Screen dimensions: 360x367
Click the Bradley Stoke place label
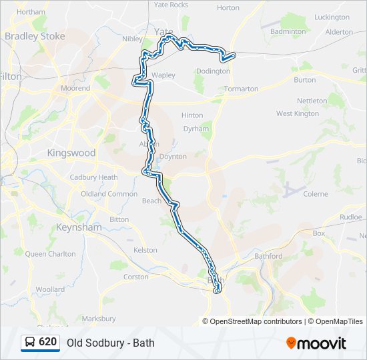coord(35,36)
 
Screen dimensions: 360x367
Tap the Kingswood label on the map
coord(71,153)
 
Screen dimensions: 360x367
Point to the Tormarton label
coord(242,89)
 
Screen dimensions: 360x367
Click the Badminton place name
coord(288,31)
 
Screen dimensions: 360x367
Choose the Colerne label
coord(316,194)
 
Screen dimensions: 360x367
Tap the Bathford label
coord(268,256)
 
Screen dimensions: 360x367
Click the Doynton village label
coord(173,156)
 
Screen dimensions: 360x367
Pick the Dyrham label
coord(196,129)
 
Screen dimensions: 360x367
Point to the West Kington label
coord(298,114)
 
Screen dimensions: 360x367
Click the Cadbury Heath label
coord(93,177)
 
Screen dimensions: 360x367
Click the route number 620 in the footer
coord(48,342)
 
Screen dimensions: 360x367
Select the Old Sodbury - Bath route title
coord(110,343)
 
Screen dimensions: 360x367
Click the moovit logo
coord(316,343)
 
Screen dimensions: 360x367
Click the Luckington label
coord(332,17)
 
